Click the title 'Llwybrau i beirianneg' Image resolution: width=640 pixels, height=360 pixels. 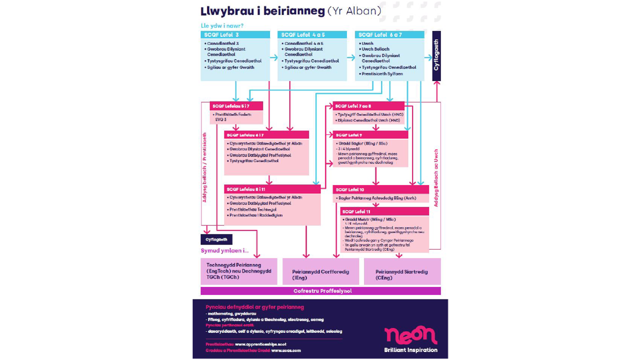click(x=262, y=11)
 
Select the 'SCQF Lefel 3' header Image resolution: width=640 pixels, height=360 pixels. click(x=235, y=35)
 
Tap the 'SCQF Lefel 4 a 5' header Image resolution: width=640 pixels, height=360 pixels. click(x=312, y=35)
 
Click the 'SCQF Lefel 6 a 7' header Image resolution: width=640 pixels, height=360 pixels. click(x=389, y=35)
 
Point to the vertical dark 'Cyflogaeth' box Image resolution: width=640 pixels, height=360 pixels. click(x=436, y=55)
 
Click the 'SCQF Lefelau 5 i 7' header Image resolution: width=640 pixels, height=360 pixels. click(x=236, y=106)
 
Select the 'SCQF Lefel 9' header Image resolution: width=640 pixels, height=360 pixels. click(x=370, y=135)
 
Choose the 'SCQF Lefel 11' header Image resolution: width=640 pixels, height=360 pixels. click(x=384, y=211)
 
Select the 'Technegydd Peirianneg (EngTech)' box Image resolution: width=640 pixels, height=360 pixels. click(x=239, y=271)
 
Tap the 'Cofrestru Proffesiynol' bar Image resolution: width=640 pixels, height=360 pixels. click(x=320, y=291)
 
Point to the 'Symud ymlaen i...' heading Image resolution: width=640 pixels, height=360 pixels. click(x=224, y=250)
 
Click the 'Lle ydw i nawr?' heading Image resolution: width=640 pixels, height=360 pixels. click(x=222, y=26)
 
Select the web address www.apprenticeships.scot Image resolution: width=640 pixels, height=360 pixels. click(x=260, y=344)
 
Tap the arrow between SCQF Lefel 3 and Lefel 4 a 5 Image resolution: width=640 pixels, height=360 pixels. click(x=274, y=57)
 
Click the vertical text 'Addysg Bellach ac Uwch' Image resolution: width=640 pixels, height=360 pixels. click(x=436, y=178)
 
